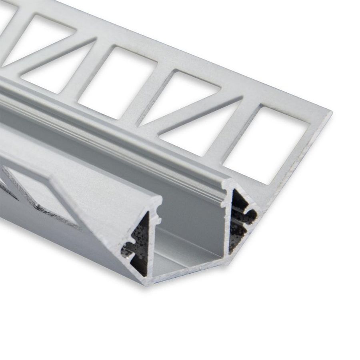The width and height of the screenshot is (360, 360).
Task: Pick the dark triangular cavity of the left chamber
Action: pyautogui.click(x=140, y=244)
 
